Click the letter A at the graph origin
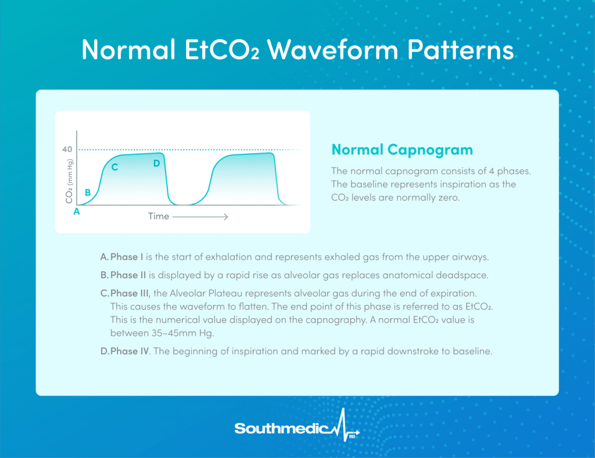tap(77, 212)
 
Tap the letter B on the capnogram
tap(88, 192)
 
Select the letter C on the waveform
tap(114, 167)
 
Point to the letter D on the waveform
tap(157, 164)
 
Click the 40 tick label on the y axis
tap(67, 149)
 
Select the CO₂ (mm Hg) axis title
tap(69, 182)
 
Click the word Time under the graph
tap(159, 216)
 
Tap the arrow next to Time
tap(200, 216)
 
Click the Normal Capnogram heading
tap(402, 150)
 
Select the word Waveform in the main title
tap(332, 49)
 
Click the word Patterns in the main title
tap(461, 49)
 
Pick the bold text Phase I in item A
tap(127, 257)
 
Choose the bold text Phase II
tap(128, 275)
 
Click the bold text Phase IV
tap(130, 351)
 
